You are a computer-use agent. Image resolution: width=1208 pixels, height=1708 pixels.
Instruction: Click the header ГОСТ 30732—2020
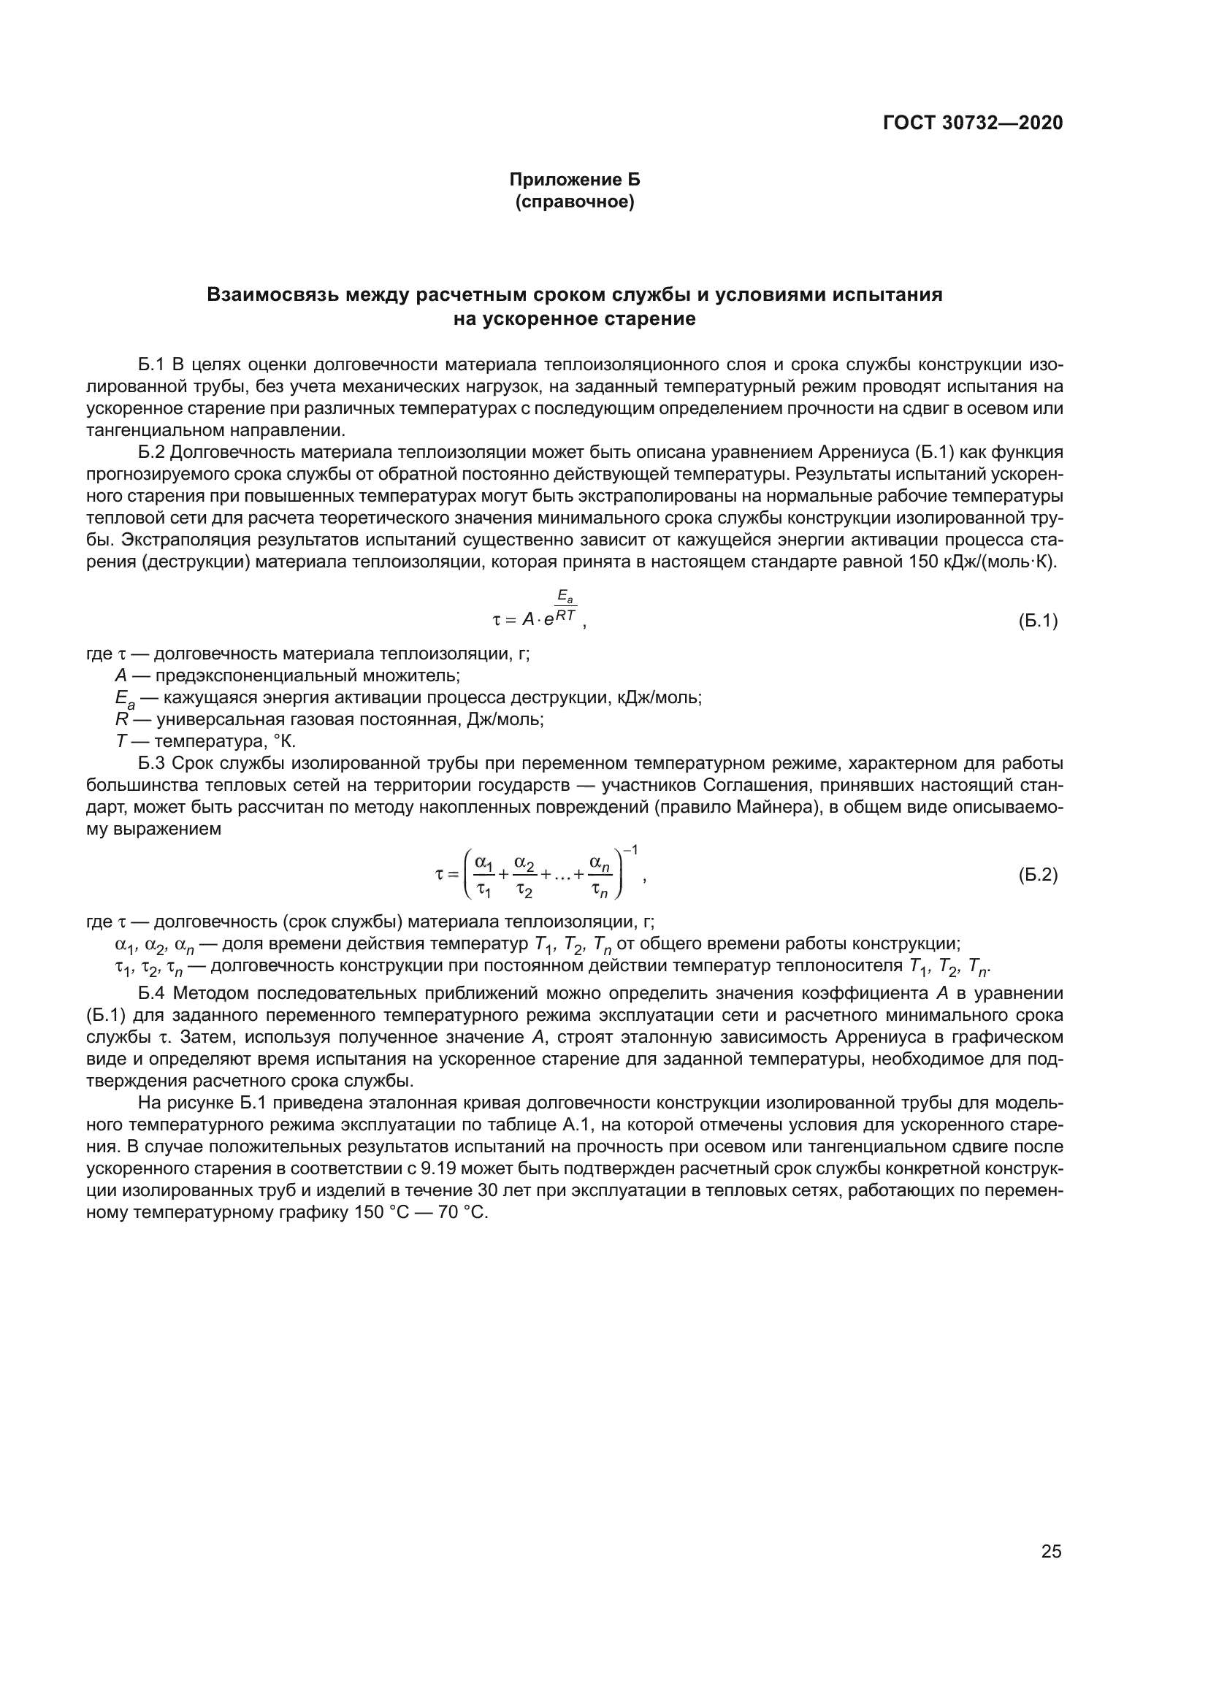(x=972, y=123)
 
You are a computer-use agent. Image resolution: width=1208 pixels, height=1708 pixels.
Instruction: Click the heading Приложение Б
(x=574, y=180)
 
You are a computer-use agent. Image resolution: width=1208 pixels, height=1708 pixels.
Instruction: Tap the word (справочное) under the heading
(x=574, y=202)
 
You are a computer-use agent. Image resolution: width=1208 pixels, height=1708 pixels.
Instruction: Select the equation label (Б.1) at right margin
(x=1038, y=621)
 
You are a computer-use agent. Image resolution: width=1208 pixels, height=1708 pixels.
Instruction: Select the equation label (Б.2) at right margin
(x=1038, y=875)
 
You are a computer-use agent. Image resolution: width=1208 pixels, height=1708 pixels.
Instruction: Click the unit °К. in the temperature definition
(x=285, y=741)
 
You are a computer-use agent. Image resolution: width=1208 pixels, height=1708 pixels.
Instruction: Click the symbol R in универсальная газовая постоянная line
(x=122, y=719)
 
